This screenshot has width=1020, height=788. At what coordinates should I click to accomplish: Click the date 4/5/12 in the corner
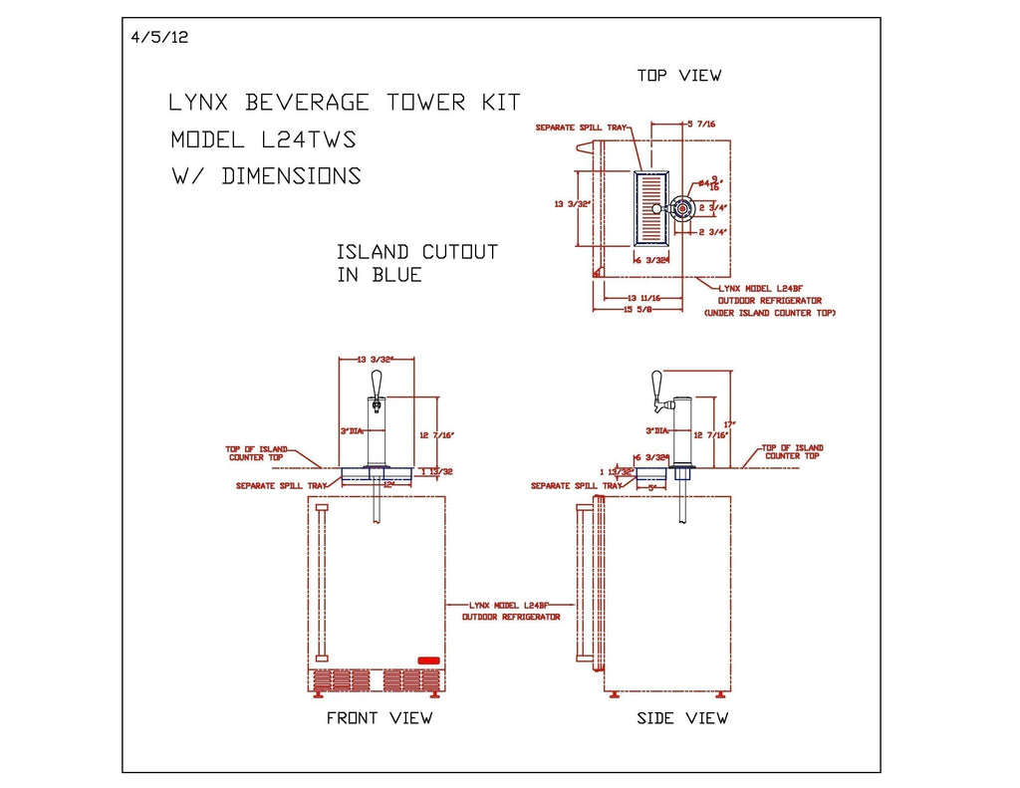pos(159,38)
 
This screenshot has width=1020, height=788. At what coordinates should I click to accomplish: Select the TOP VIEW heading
pos(679,76)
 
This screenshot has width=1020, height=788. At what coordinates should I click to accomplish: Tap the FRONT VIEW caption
pos(380,717)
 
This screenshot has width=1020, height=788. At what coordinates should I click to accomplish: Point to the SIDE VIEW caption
pos(682,717)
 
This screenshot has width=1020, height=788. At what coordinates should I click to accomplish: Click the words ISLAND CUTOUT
pos(416,252)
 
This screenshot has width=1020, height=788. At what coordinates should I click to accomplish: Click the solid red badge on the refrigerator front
pos(428,659)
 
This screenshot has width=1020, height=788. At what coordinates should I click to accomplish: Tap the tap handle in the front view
pos(376,384)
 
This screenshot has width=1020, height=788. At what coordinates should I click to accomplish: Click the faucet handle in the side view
pos(656,384)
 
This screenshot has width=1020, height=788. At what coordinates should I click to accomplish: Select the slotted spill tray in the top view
pos(650,208)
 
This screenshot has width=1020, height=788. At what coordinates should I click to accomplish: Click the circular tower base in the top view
pos(682,208)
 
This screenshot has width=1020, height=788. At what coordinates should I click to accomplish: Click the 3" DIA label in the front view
pos(351,431)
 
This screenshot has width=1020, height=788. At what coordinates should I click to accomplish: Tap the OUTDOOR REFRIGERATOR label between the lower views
pos(510,617)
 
